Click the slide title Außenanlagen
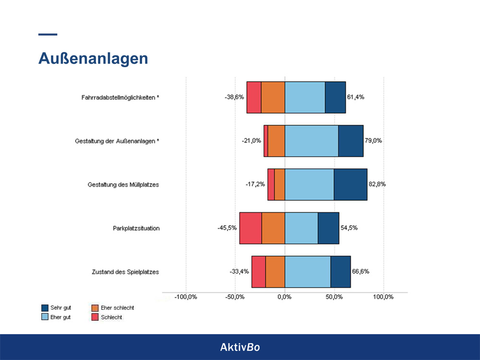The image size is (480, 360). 93,59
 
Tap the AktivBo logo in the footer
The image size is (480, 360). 240,347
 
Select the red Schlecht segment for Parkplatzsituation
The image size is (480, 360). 251,228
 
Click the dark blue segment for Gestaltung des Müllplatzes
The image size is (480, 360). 350,184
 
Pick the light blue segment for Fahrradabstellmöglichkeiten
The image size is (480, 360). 305,97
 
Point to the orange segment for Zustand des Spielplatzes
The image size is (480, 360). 275,272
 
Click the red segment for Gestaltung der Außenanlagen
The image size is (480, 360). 265,141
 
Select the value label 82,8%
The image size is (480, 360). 377,184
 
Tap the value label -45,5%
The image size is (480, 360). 227,228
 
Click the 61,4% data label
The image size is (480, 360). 356,97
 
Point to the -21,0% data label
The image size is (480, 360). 252,141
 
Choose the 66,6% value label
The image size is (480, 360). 360,271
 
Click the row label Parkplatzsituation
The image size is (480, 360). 133,228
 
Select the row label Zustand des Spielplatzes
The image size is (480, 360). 125,272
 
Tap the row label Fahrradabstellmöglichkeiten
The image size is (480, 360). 120,97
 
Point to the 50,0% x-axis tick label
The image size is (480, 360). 334,297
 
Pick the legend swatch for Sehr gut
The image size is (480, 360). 46,308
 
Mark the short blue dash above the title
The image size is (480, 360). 48,35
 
